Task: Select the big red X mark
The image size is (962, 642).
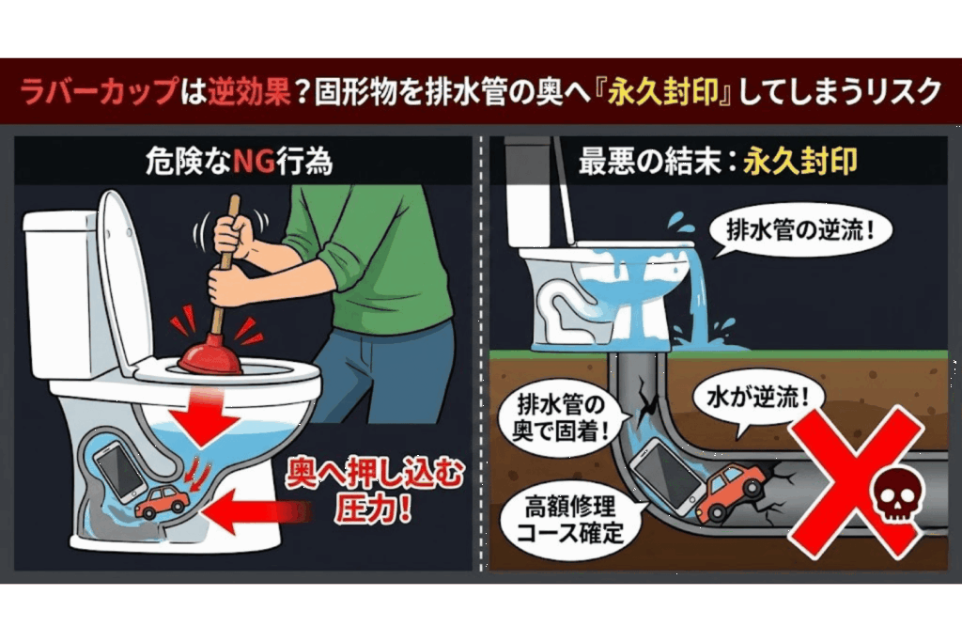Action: tap(856, 482)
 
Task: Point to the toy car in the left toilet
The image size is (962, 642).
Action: tap(162, 502)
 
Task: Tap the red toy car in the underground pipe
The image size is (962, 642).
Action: tap(731, 491)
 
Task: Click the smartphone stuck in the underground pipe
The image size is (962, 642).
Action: tap(669, 477)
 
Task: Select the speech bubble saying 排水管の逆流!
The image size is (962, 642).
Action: tap(799, 231)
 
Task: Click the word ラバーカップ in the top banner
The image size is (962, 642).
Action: tap(99, 91)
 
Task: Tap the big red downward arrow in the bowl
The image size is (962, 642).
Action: tap(204, 415)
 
